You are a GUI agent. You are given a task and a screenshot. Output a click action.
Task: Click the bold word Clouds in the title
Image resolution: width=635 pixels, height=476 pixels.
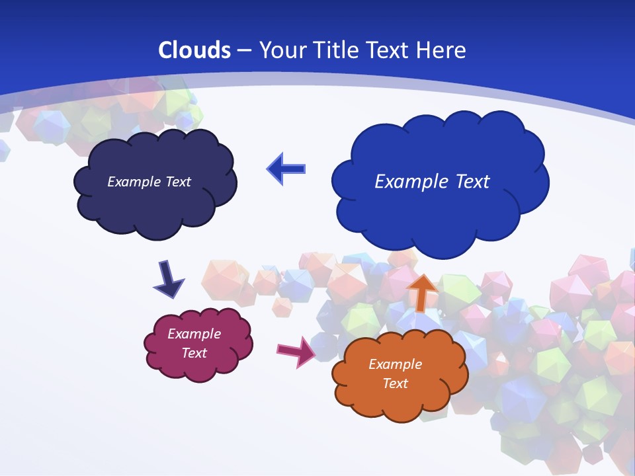(x=194, y=50)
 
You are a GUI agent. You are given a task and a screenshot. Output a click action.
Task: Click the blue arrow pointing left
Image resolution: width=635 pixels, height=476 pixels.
(x=286, y=169)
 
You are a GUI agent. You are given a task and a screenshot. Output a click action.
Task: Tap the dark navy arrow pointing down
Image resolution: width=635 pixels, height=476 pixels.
(x=168, y=279)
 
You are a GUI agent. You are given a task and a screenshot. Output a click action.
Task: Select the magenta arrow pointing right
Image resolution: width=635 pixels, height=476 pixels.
(x=296, y=351)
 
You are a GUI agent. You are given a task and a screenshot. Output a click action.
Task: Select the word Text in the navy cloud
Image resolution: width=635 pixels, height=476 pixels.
(x=178, y=182)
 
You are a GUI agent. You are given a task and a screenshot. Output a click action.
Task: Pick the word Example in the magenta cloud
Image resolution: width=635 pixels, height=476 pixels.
(x=194, y=334)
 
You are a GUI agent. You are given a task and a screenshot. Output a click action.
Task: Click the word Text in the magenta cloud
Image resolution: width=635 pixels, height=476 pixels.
(x=194, y=353)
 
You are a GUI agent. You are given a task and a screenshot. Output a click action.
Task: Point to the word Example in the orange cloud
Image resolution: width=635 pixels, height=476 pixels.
(x=395, y=364)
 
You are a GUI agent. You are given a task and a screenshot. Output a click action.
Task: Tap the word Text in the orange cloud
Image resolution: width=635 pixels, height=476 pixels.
(x=395, y=383)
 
